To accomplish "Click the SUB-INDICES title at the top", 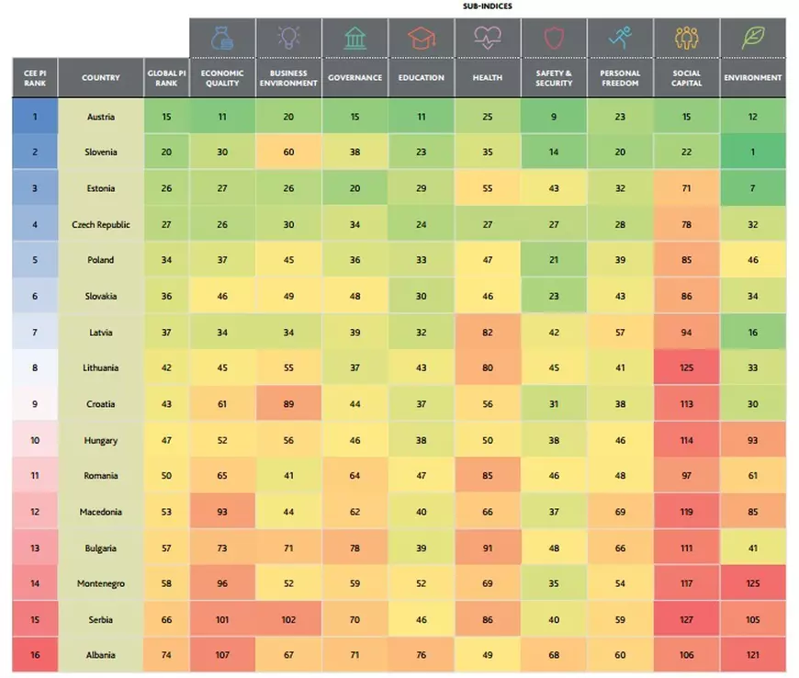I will coord(488,6).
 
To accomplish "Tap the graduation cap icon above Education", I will coord(422,38).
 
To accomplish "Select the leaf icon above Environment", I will coord(752,38).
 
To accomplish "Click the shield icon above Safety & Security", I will coord(554,38).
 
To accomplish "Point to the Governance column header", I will coord(355,78).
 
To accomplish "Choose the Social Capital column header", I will coord(686,78).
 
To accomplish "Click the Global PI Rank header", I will coord(166,78).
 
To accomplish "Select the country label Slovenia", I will coord(100,153).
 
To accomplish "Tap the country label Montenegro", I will coord(100,583).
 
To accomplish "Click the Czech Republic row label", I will coord(100,224).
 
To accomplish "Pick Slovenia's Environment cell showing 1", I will coord(752,153).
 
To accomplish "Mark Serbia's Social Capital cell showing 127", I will coord(686,619).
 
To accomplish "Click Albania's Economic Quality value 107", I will coord(222,655).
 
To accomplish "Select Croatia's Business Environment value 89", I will coord(288,404).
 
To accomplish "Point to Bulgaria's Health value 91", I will coord(488,548).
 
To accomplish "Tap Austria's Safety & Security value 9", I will coord(554,117).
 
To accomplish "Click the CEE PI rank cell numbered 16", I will coord(35,655).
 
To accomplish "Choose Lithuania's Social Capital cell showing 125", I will coord(686,368).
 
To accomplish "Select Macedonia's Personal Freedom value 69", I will coord(620,512).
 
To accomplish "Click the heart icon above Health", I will coord(488,38).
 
